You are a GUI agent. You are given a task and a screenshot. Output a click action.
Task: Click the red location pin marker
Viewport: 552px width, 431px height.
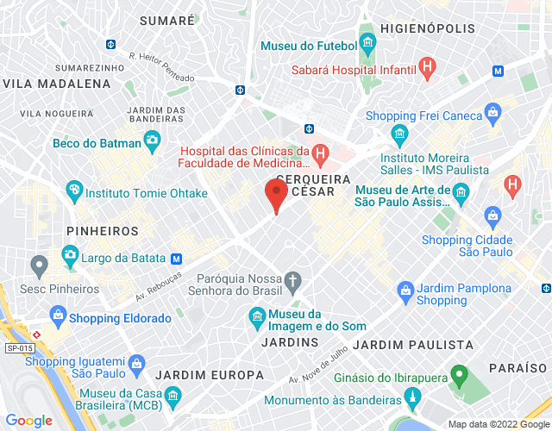276,193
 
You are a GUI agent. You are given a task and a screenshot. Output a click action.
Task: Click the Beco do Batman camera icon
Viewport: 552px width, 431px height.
153,139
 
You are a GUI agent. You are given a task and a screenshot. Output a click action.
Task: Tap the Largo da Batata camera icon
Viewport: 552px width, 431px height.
70,254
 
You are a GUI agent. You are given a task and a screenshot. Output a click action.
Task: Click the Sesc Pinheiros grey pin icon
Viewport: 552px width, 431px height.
38,264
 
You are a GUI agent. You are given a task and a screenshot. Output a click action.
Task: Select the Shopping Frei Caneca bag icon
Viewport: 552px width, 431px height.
492,111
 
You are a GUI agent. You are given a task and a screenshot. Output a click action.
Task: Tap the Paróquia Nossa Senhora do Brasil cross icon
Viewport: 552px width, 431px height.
293,280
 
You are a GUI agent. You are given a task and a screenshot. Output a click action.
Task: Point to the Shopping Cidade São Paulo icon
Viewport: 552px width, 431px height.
492,214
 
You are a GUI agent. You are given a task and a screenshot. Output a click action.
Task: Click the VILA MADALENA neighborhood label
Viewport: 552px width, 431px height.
57,84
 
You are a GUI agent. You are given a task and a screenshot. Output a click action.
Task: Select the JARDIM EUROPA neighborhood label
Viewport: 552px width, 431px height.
210,375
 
